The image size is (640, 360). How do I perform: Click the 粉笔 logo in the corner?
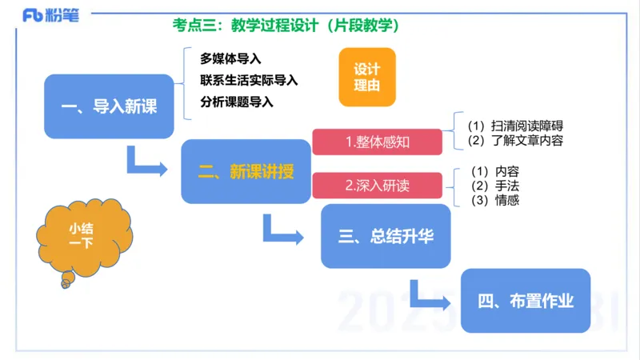pyautogui.click(x=50, y=15)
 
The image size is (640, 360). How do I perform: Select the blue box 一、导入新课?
pyautogui.click(x=109, y=107)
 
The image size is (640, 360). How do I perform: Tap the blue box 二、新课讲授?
pyautogui.click(x=246, y=171)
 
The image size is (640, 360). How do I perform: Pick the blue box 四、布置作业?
pyautogui.click(x=526, y=301)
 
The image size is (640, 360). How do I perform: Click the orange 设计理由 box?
pyautogui.click(x=367, y=77)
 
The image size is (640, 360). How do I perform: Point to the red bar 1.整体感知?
pyautogui.click(x=377, y=142)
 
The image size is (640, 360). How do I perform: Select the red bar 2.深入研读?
pyautogui.click(x=377, y=186)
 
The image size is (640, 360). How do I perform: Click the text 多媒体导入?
pyautogui.click(x=231, y=58)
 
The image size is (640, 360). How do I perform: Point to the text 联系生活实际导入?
pyautogui.click(x=249, y=80)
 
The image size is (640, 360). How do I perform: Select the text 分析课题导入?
pyautogui.click(x=237, y=102)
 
